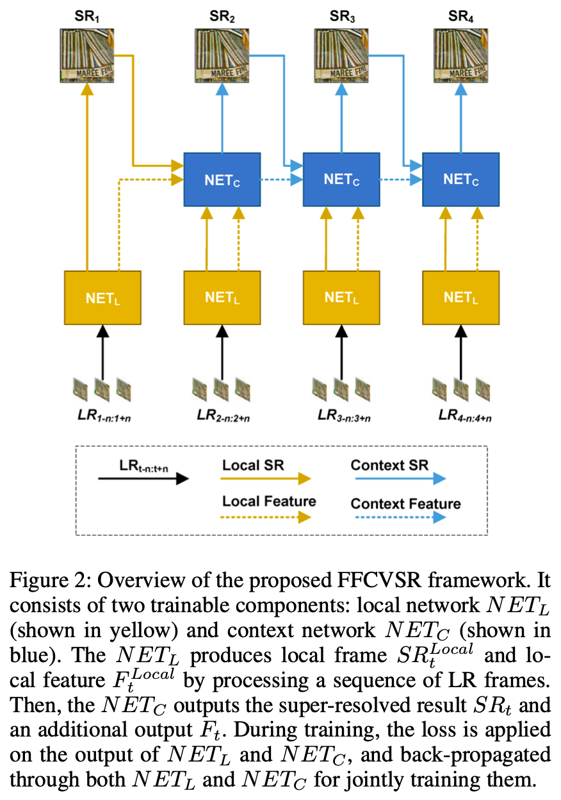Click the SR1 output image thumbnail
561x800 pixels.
[87, 56]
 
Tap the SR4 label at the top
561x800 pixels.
[460, 17]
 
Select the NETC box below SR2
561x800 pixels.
[222, 179]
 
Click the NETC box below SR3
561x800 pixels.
[341, 179]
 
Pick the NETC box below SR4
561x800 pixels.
[460, 179]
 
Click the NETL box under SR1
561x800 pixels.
[102, 298]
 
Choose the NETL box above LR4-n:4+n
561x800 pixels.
[460, 298]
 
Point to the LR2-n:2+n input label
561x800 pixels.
[224, 416]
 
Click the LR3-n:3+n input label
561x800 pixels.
[344, 416]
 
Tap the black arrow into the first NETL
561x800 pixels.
[102, 352]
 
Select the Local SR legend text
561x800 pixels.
[253, 465]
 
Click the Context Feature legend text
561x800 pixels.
[406, 504]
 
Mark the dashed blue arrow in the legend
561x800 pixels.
[401, 517]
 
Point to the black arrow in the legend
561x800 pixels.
[143, 479]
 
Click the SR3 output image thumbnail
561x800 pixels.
[341, 56]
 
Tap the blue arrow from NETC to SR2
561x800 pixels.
[222, 118]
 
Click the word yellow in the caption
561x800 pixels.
[143, 631]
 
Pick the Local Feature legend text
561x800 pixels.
[269, 501]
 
